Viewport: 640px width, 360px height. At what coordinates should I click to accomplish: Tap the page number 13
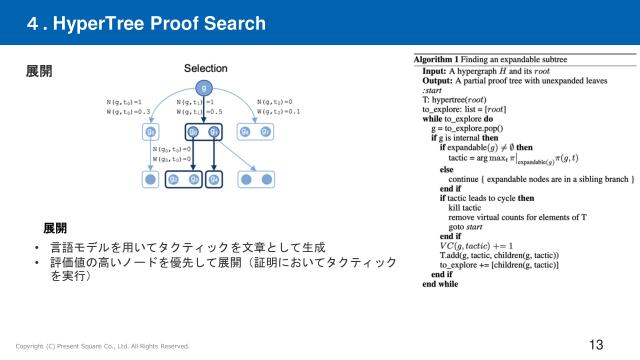click(596, 345)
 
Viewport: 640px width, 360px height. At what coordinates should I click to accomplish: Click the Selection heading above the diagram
click(205, 67)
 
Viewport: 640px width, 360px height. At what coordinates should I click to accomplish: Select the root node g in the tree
click(205, 88)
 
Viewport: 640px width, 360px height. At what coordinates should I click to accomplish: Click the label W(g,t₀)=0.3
click(127, 112)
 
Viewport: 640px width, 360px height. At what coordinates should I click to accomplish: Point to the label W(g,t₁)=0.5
click(197, 112)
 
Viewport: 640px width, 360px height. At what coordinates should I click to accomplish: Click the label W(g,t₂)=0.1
click(279, 112)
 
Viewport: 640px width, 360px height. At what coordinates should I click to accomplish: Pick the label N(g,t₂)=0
click(275, 102)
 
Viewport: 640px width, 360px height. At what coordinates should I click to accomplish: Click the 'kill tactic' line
click(468, 206)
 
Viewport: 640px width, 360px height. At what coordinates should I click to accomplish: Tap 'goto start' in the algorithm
click(470, 226)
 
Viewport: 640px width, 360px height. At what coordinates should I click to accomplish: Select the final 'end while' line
click(441, 284)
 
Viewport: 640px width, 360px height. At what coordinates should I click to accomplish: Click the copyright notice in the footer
click(101, 346)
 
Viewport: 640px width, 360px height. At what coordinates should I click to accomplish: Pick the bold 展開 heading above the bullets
click(56, 228)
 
